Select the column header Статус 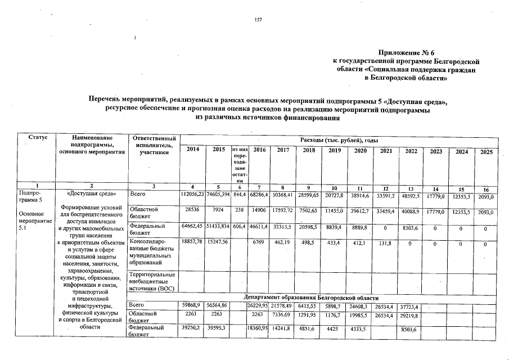[x=34, y=138]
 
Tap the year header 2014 [x=192, y=150]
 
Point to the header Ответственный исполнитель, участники [x=153, y=145]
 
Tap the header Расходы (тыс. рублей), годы [x=339, y=139]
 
